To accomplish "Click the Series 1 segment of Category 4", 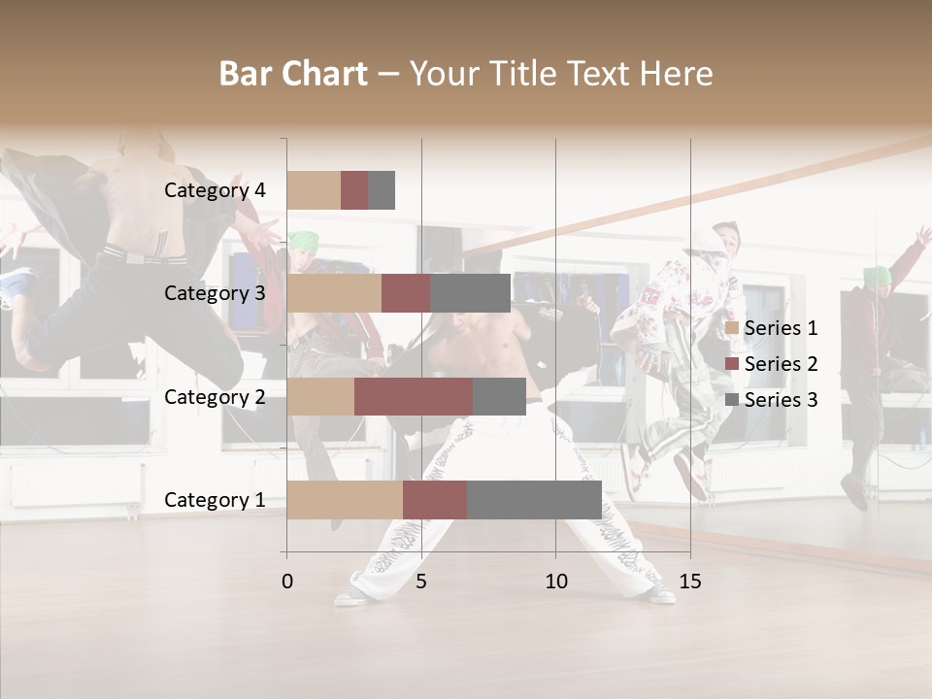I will (x=314, y=190).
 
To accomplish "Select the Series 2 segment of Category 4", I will (x=354, y=190).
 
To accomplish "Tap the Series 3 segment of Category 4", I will (x=382, y=190).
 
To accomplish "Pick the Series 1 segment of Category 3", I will (x=334, y=293).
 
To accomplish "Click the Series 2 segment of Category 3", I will (x=406, y=293).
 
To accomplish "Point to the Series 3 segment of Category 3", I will (x=470, y=293).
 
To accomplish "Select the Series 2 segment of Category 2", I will (x=414, y=396).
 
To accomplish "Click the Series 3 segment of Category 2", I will (x=499, y=396).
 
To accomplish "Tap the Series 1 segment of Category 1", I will (x=345, y=500).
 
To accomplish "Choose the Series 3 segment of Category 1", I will (x=534, y=500).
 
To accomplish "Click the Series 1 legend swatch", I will (x=731, y=328).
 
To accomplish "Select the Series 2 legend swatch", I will (x=731, y=364).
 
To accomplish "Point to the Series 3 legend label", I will (x=781, y=400).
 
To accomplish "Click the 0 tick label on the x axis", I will (x=286, y=582).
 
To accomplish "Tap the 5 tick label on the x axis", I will (x=421, y=582).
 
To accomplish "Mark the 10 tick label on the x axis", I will (x=555, y=582).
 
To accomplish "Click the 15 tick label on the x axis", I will (x=690, y=582).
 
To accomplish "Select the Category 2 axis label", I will (x=215, y=396).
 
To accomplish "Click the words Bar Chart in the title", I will (x=293, y=74).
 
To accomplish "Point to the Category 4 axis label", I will (x=215, y=190).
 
